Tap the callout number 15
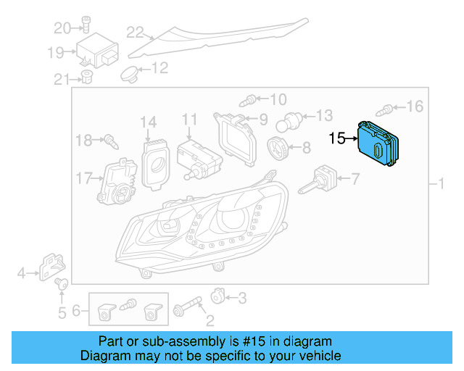339,138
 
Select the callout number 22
136,31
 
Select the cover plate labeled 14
154,160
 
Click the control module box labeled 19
99,52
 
